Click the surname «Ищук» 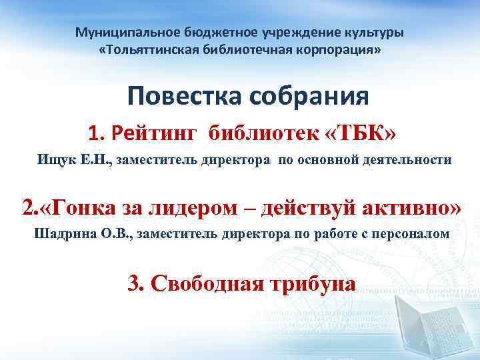tap(55, 160)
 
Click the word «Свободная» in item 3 tap(207, 282)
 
